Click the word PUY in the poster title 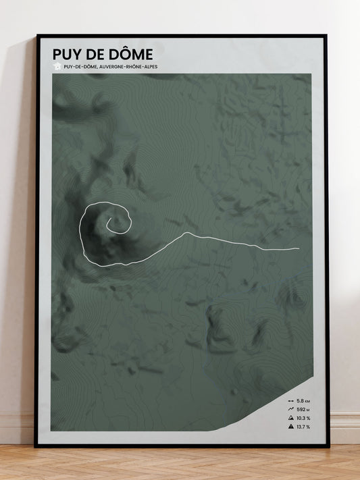pos(68,53)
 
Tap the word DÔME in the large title pos(132,53)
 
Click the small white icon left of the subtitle pos(57,66)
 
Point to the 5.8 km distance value pos(303,401)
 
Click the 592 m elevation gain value pos(303,410)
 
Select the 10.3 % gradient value pos(303,418)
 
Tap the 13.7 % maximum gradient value pos(303,427)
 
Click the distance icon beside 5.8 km pos(291,401)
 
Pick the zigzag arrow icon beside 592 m pos(291,410)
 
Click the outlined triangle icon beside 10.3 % pos(291,418)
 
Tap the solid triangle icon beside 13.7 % pos(291,427)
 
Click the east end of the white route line pos(299,249)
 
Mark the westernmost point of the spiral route pos(81,230)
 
